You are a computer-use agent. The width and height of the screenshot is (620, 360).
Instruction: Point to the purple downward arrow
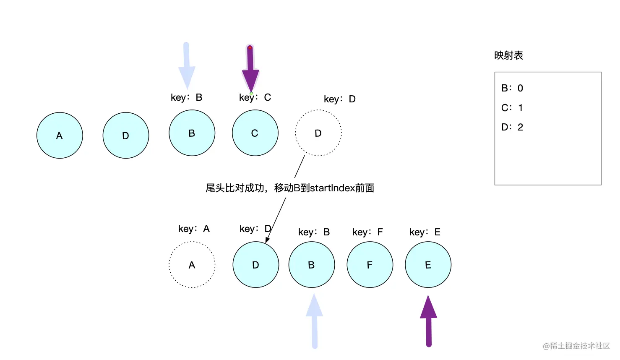point(250,69)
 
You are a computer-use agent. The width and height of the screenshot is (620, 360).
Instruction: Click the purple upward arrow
point(428,321)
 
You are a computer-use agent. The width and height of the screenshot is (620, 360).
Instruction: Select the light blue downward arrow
point(187,66)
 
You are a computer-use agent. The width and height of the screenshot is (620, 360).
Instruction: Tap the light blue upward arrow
point(315,321)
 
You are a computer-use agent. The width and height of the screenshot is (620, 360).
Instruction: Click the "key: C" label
point(255,97)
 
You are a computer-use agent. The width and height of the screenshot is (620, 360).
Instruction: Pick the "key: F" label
point(367,232)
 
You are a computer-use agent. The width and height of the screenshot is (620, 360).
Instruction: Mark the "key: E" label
point(425,232)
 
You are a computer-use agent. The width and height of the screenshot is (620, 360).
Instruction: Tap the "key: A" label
point(194,229)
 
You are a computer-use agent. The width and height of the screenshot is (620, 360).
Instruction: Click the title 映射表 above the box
point(509,55)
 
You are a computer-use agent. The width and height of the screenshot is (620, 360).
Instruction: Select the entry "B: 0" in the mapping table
point(512,88)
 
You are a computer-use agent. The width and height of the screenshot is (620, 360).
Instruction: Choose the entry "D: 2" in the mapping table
point(512,127)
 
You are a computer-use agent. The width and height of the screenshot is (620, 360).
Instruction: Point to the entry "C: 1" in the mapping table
point(512,108)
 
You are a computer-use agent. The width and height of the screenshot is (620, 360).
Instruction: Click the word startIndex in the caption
point(332,188)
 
